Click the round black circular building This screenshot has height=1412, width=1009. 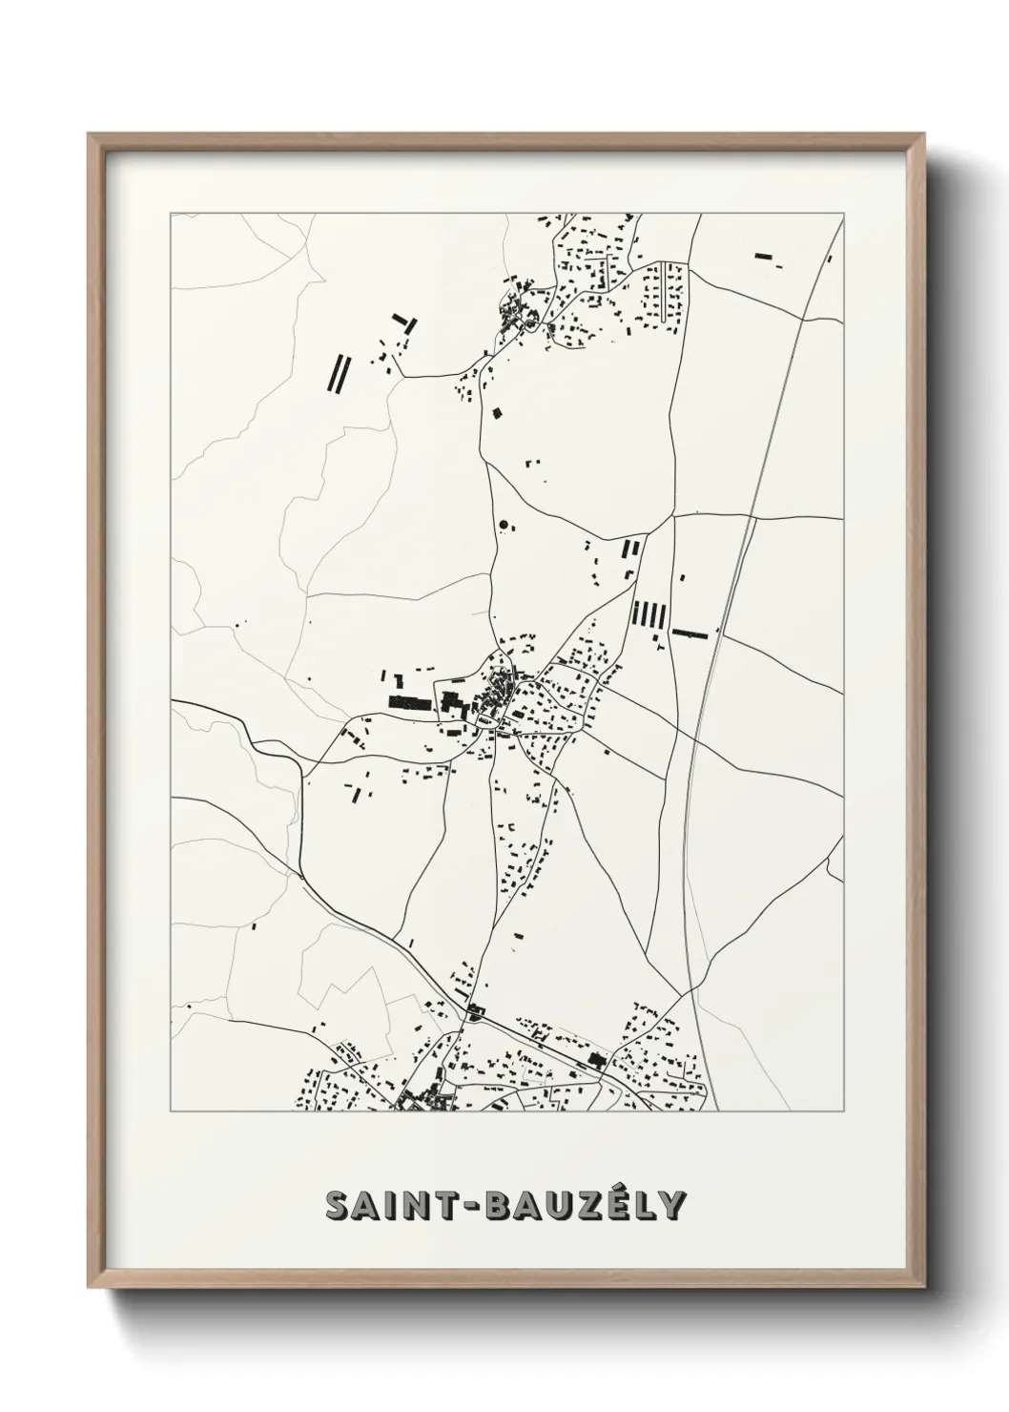[x=503, y=524]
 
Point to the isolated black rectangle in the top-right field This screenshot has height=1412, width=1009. [x=763, y=256]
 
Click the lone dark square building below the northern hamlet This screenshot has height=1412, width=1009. [x=497, y=413]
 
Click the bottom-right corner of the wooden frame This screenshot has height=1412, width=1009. [x=924, y=1284]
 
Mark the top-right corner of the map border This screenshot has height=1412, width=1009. [x=843, y=214]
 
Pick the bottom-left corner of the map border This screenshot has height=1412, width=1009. [x=171, y=1111]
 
